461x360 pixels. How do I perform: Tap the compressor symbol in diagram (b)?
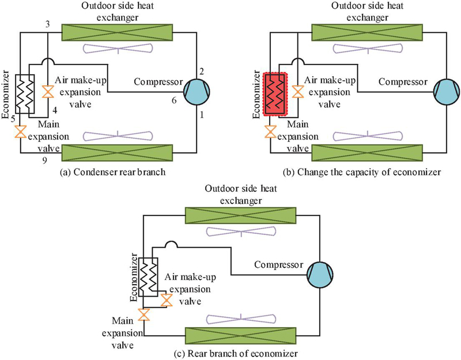click(x=443, y=90)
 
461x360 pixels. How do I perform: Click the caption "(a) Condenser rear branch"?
click(x=108, y=170)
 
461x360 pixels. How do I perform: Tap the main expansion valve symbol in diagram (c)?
click(x=144, y=314)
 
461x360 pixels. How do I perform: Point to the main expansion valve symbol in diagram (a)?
click(x=21, y=132)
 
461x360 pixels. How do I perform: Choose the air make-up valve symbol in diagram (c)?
click(x=167, y=300)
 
